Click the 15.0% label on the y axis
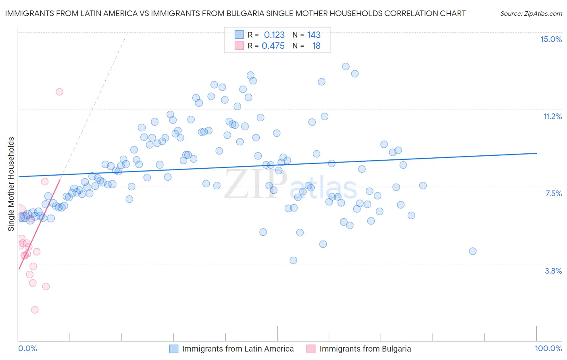(551, 39)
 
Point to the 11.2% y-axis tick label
(552, 116)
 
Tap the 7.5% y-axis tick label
(553, 193)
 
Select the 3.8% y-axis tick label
(553, 271)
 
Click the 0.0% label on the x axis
(27, 348)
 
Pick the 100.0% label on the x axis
(548, 348)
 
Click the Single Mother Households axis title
(11, 184)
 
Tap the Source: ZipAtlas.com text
(531, 13)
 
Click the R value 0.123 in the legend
(274, 35)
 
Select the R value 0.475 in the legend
(273, 46)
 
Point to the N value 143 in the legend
(314, 35)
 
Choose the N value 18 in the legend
(316, 46)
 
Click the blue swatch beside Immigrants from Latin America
(174, 349)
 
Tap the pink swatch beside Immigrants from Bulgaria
(311, 349)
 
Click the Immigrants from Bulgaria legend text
(365, 349)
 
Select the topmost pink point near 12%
(59, 92)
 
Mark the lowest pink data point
(35, 310)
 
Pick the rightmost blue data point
(473, 251)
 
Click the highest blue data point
(346, 67)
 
